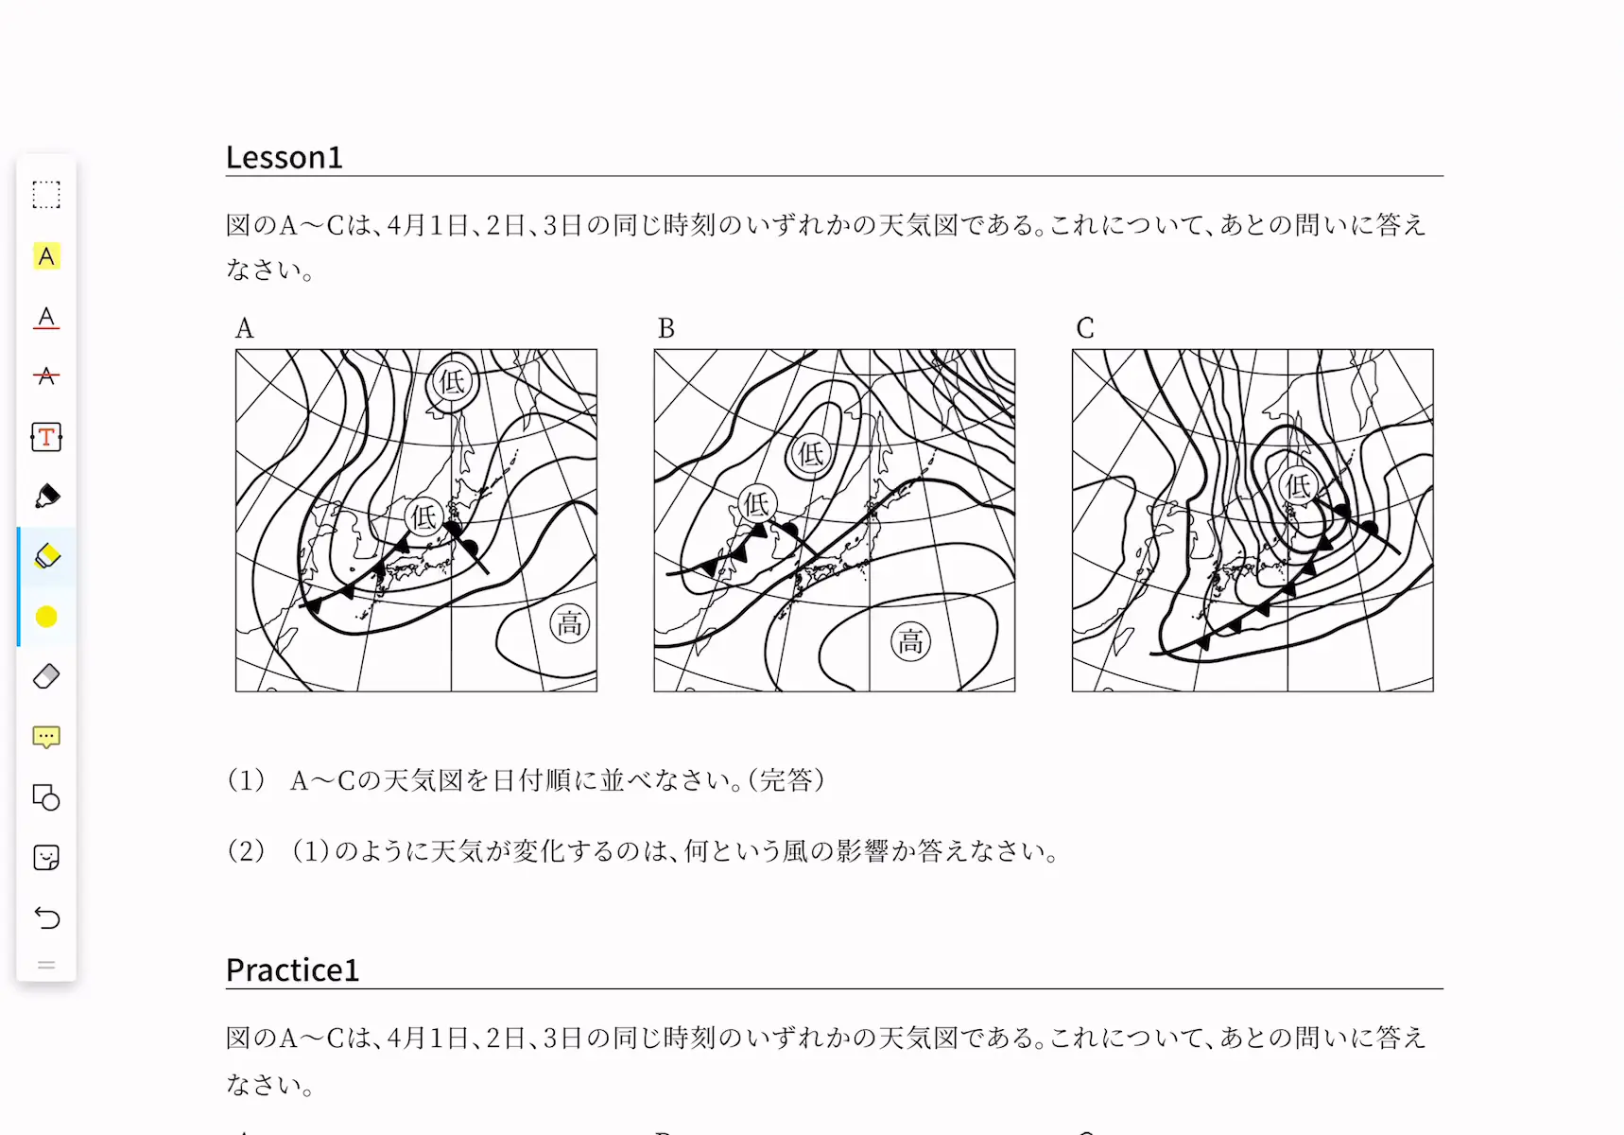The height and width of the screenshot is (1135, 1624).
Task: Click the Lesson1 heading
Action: (x=284, y=157)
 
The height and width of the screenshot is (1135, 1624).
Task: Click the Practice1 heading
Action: (x=292, y=969)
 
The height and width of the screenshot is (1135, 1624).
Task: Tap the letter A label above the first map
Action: (x=244, y=328)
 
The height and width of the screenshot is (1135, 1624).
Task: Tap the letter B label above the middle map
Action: (x=666, y=328)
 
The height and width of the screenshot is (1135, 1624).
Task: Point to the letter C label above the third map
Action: (x=1085, y=328)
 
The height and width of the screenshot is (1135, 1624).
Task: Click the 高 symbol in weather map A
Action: (x=570, y=624)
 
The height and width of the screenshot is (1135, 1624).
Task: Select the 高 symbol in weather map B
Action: (x=910, y=642)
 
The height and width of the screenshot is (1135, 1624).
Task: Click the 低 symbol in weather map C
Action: (x=1299, y=486)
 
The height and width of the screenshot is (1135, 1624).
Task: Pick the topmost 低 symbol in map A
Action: (x=453, y=382)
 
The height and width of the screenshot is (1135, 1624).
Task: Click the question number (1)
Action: (x=246, y=780)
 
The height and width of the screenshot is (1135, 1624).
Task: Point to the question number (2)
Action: (x=246, y=851)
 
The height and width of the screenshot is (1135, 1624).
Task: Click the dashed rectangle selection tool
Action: (x=46, y=195)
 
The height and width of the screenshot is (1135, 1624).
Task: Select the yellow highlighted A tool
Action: (x=46, y=256)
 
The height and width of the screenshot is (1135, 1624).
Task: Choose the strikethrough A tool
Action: (x=46, y=375)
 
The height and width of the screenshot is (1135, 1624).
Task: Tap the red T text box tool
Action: (x=46, y=437)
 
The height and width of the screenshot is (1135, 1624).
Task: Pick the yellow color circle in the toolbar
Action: (x=46, y=618)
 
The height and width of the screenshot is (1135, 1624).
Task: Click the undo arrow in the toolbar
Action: (x=46, y=917)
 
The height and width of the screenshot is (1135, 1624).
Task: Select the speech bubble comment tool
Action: (x=46, y=738)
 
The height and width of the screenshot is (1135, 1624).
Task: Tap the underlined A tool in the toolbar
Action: (x=46, y=317)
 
